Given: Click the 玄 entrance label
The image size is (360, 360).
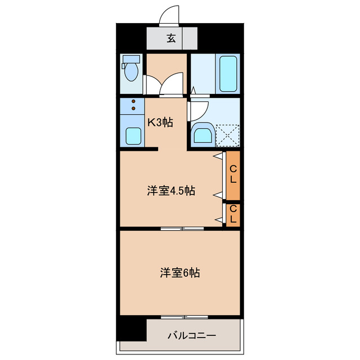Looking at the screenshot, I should pos(172,39).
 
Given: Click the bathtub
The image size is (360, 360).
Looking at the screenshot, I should pos(228,74).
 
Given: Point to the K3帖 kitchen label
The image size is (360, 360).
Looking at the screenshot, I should pos(160,122).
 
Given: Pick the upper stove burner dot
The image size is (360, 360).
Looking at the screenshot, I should pos(133,102).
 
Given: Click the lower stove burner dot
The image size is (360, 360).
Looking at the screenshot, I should pos(133,109).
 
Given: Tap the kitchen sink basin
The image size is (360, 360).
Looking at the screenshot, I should pos(133,136).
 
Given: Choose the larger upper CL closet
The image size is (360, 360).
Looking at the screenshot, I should pos(233,176).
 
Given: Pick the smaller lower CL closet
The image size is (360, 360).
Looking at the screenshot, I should pos(233,214).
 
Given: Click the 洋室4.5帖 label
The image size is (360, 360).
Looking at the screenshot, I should pos(171,191).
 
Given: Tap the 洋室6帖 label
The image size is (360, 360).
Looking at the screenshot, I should pos(179,273).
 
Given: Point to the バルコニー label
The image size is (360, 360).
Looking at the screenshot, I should pos(191,336).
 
